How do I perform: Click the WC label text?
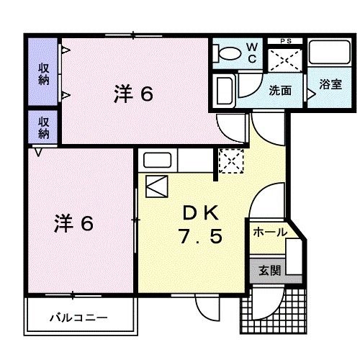253,53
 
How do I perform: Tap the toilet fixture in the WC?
230,54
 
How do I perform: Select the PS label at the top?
286,41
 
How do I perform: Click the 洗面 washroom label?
280,91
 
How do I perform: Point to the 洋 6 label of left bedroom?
73,223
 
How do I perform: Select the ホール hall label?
270,233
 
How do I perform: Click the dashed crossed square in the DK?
230,160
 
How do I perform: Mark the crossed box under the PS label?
285,59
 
